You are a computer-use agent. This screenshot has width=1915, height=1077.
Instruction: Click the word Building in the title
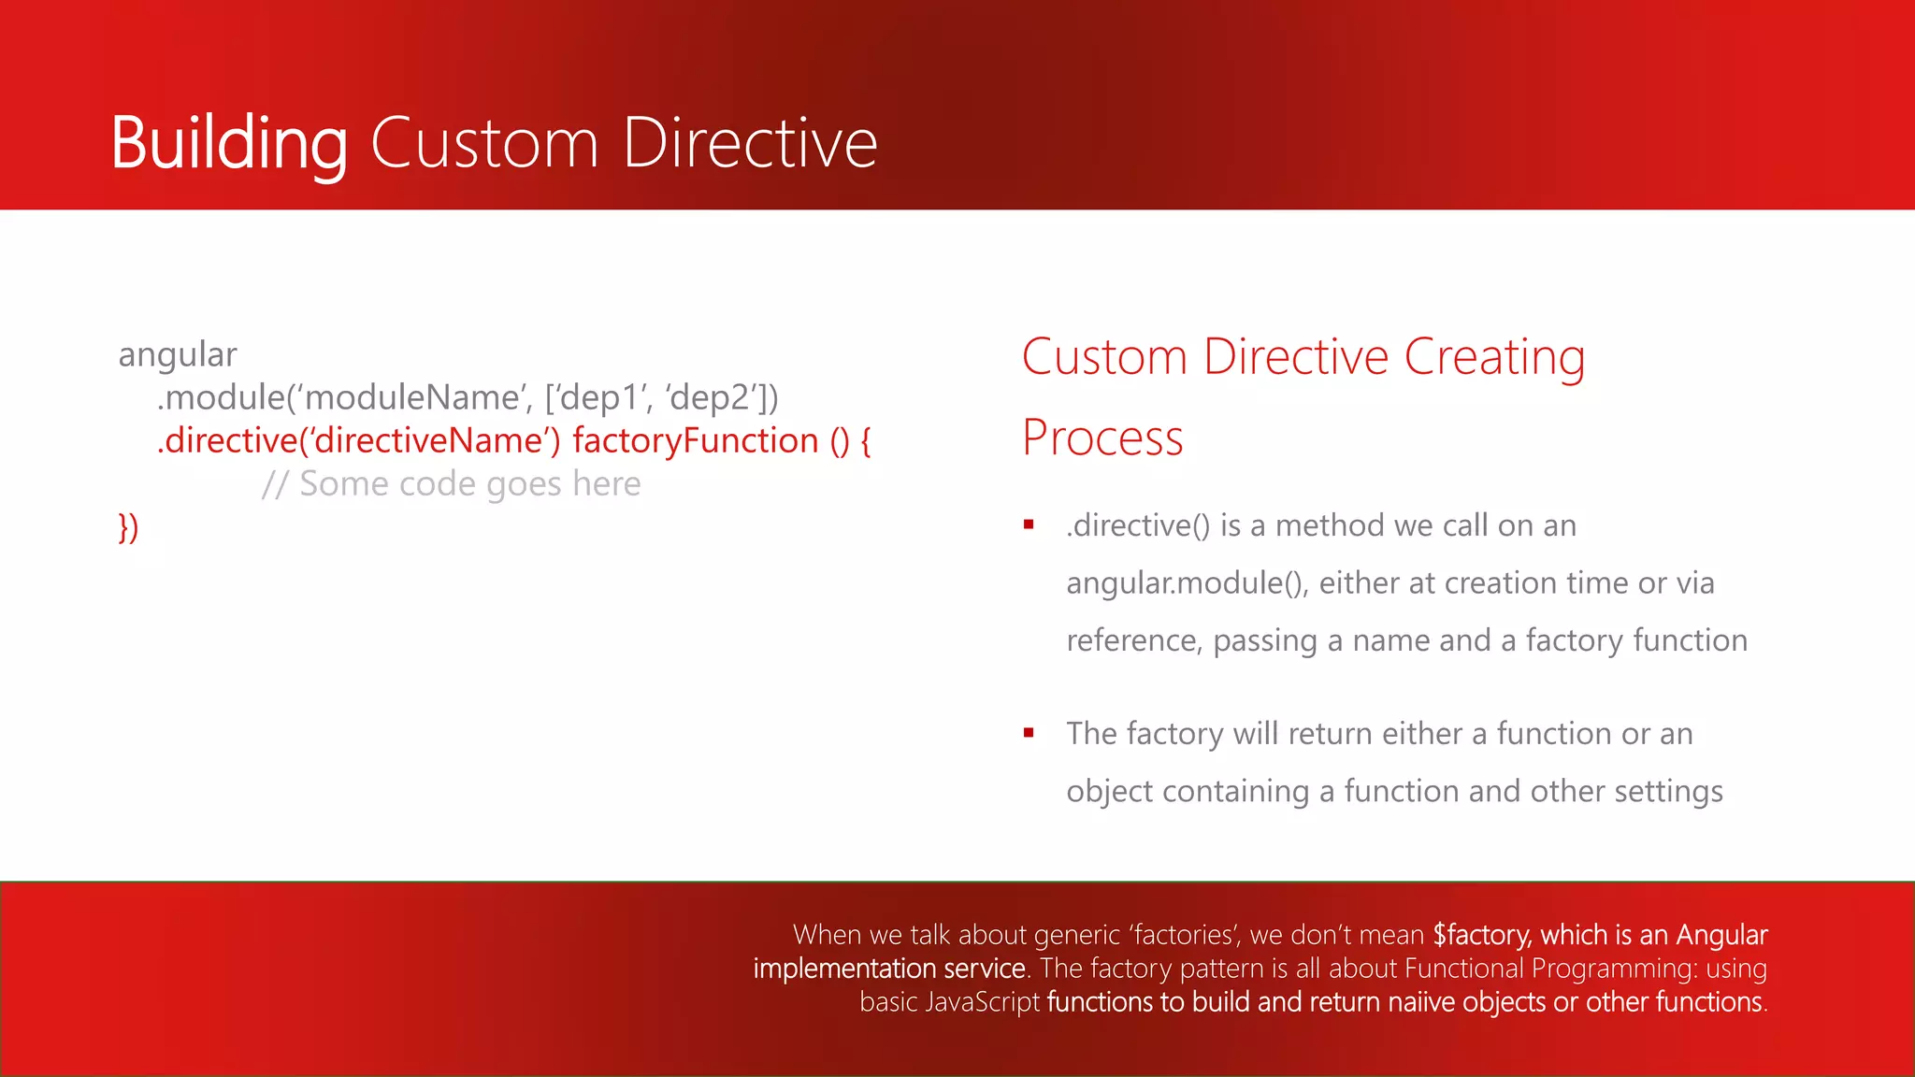coord(229,143)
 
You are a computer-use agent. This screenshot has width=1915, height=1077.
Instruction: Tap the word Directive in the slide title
coord(750,143)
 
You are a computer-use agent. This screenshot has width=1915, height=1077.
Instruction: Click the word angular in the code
coord(178,355)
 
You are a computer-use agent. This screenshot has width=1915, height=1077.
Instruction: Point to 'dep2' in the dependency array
coord(710,398)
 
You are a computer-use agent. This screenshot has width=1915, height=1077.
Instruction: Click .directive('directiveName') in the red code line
coord(359,441)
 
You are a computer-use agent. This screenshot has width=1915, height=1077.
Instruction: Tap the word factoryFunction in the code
coord(696,441)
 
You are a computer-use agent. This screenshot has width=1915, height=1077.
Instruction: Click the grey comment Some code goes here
coord(469,484)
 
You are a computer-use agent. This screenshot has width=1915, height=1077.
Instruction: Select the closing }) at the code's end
coord(128,527)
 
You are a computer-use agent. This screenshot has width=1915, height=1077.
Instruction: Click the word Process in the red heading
coord(1102,438)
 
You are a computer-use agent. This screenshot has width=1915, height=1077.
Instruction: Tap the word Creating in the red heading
coord(1494,357)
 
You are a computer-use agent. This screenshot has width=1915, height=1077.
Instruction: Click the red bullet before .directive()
coord(1029,524)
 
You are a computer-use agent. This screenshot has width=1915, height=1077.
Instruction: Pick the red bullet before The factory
coord(1029,733)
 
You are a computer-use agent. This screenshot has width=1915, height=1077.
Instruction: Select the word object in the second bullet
coord(1109,792)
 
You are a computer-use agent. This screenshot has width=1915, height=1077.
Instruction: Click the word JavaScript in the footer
coord(982,1002)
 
